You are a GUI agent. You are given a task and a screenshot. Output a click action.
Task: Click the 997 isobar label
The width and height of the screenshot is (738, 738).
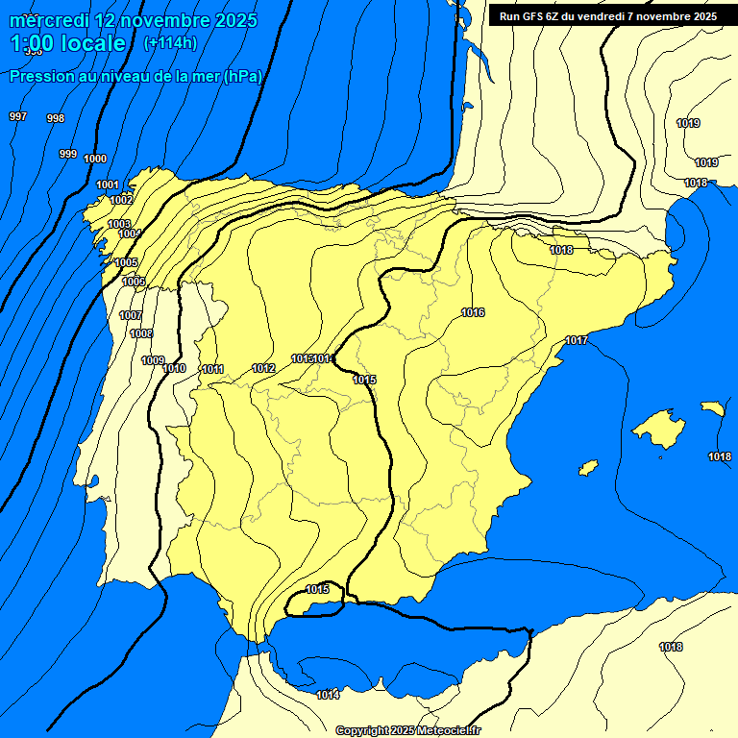coord(18,116)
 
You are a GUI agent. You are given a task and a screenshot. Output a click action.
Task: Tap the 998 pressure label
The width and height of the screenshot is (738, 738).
coord(56,119)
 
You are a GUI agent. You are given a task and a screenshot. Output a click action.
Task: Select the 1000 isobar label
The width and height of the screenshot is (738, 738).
coord(95,160)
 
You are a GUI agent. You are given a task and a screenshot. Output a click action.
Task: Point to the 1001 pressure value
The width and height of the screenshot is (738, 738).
coord(108,184)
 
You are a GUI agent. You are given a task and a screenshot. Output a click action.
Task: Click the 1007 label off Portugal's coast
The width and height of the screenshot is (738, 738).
coord(131,316)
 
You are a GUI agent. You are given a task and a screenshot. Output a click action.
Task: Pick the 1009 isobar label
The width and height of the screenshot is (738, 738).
coord(153,360)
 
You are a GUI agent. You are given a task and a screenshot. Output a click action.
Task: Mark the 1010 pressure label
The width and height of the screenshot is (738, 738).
coord(174,369)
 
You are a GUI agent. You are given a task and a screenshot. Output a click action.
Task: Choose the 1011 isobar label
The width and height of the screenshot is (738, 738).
coord(212,370)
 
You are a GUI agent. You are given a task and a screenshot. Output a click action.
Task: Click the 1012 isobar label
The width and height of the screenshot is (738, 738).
coord(264,369)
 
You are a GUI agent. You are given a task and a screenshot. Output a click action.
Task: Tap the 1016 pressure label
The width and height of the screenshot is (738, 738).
coord(473,312)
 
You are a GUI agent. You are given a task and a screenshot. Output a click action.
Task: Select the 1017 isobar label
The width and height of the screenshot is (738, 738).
coord(577,341)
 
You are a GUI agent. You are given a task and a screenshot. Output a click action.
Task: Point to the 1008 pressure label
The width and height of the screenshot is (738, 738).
coord(141,334)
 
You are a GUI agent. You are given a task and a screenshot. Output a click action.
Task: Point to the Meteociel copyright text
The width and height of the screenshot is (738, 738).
coord(407,730)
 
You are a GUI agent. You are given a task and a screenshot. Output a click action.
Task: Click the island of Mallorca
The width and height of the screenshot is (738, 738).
coord(659,429)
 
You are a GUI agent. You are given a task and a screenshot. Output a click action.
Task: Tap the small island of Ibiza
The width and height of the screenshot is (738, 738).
coord(587,467)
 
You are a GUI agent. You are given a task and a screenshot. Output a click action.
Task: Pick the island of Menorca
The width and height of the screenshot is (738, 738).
coord(712,408)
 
